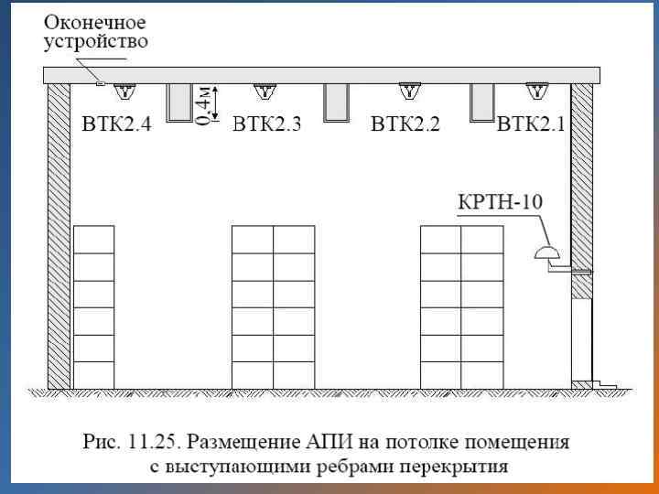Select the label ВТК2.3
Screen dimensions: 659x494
coord(266,124)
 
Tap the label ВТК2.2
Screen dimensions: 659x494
coord(405,124)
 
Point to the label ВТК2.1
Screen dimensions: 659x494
coord(531,124)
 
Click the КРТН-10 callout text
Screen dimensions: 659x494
coord(501,201)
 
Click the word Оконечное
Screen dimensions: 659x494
coord(95,21)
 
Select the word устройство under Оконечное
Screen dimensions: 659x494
coord(95,40)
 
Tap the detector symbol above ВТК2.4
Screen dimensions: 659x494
coord(129,91)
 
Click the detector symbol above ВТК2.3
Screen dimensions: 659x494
coord(266,91)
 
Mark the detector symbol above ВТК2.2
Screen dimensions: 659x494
coord(408,91)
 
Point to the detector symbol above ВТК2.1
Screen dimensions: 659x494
coord(535,91)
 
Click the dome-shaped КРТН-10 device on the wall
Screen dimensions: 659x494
coord(546,252)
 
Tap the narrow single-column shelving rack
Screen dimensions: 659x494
coord(93,306)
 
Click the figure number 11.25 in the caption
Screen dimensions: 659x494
coord(147,444)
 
